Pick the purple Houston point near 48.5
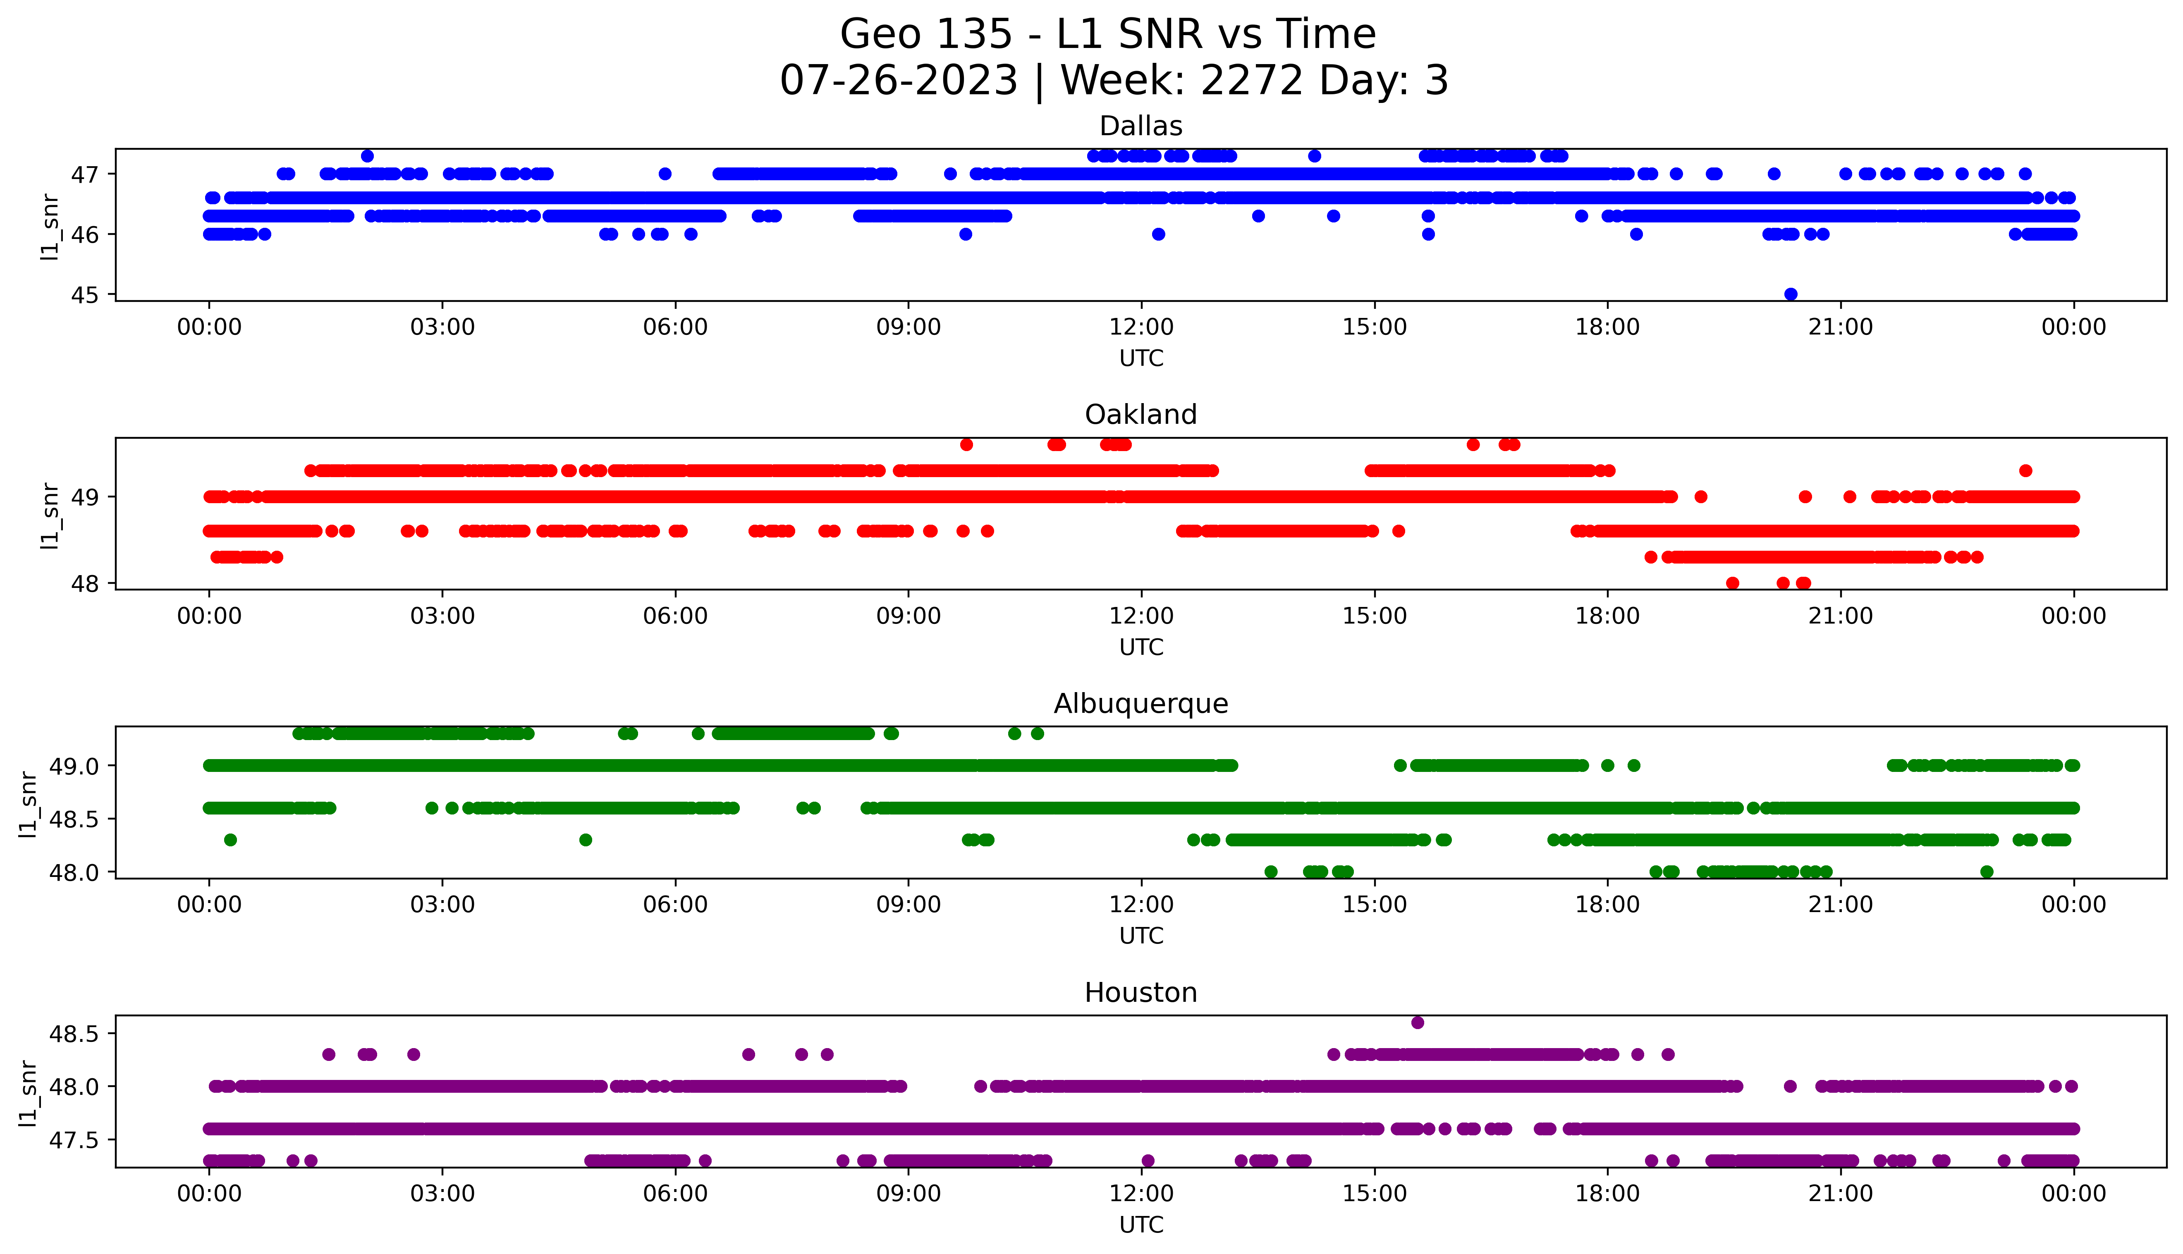(x=1418, y=1022)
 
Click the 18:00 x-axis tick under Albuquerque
(x=1608, y=904)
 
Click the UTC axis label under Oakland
(x=1141, y=647)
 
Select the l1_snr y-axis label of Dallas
(x=50, y=227)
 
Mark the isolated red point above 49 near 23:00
(x=2025, y=470)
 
